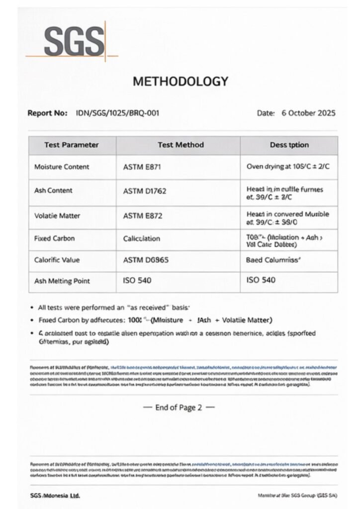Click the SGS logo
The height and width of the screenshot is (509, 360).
coord(75,41)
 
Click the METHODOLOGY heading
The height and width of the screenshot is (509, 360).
coord(180,82)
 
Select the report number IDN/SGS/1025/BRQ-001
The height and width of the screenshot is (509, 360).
coord(117,113)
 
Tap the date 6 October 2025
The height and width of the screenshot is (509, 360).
coord(308,113)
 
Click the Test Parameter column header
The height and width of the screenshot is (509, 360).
coord(72,145)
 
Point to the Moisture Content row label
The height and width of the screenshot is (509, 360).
coord(62,167)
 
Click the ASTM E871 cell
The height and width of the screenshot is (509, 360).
coord(141,167)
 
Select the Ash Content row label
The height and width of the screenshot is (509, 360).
coord(53,190)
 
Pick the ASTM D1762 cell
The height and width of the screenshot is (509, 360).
coord(144,190)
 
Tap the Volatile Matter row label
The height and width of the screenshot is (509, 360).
coord(57,216)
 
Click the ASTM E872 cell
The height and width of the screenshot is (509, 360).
coord(142,216)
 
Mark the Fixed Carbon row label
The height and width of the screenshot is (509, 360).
coord(55,239)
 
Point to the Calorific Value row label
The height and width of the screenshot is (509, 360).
coord(57,260)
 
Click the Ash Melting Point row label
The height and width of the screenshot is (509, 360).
coord(62,281)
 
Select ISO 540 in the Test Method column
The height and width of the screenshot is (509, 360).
coord(137,281)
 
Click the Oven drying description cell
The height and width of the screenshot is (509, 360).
coord(288,167)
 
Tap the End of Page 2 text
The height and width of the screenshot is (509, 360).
coord(179,408)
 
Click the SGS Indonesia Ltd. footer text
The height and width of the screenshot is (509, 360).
coord(55,496)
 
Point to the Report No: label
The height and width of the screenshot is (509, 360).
coord(47,113)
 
